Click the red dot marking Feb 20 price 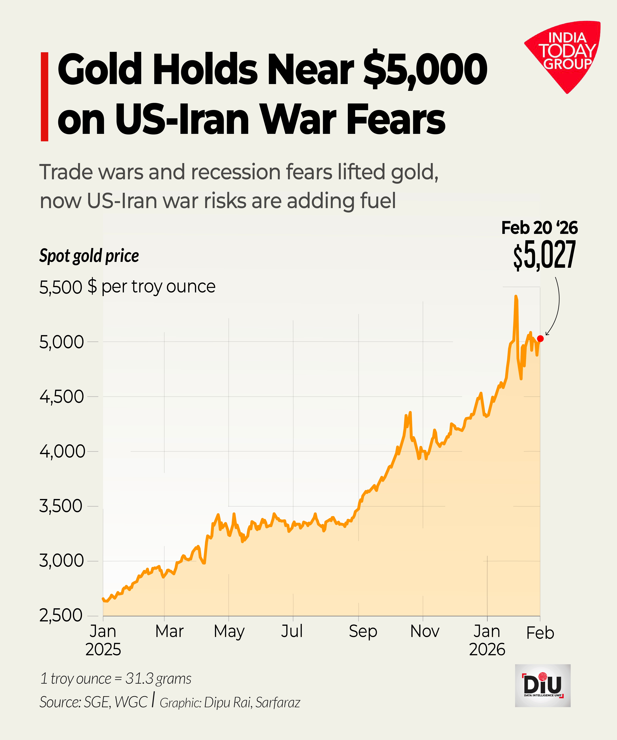[x=540, y=339]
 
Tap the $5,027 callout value [x=544, y=254]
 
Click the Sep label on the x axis [x=363, y=632]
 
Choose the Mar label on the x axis [x=169, y=632]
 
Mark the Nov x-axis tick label [x=425, y=632]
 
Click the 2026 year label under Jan [x=487, y=649]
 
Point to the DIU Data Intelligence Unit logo [x=543, y=685]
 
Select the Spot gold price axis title [x=89, y=256]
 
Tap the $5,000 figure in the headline [x=425, y=69]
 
